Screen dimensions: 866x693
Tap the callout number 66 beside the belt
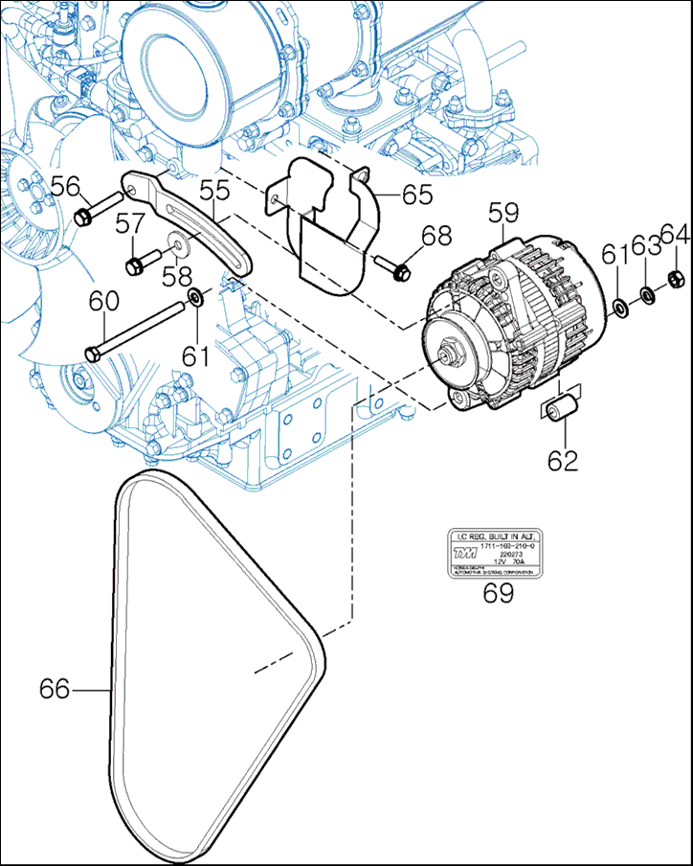(x=55, y=689)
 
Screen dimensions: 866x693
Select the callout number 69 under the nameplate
(x=498, y=592)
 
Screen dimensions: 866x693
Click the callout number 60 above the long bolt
(x=104, y=302)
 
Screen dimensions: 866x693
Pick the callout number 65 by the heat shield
(x=417, y=195)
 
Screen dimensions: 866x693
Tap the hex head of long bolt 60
(x=92, y=353)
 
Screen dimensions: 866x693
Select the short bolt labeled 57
(x=135, y=262)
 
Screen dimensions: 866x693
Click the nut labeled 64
(x=673, y=282)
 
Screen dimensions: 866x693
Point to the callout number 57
(x=130, y=224)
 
